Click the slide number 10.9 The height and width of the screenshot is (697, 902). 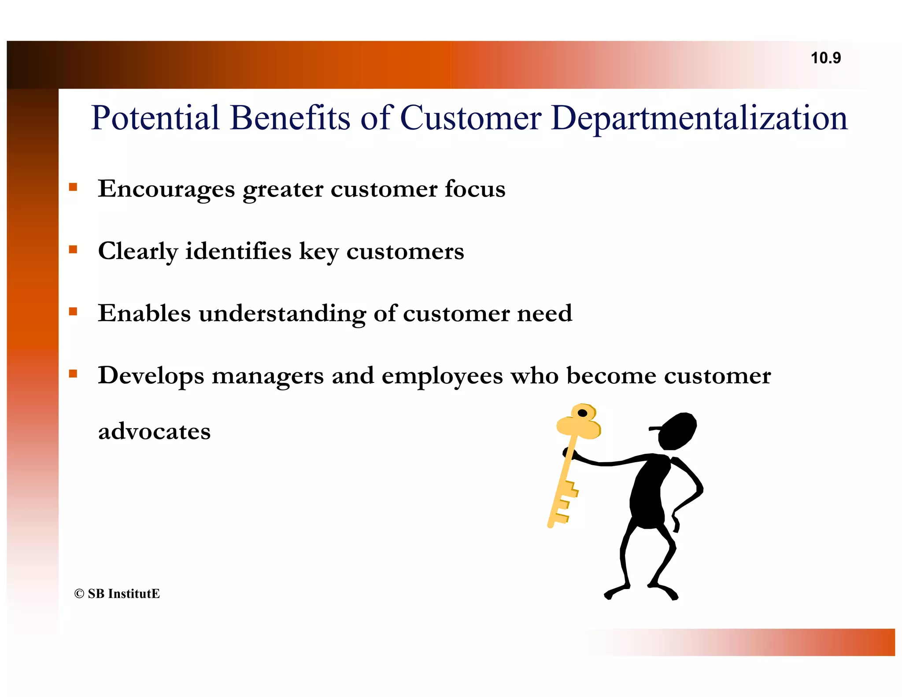(825, 58)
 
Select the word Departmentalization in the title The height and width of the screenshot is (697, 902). (699, 118)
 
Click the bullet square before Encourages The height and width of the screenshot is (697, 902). (73, 187)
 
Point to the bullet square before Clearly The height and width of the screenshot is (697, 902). (73, 250)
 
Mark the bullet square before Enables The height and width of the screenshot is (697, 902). (73, 312)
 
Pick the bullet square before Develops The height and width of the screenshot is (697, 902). (73, 374)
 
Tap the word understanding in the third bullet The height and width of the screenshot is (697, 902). (282, 314)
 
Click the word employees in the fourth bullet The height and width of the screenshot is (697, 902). (442, 377)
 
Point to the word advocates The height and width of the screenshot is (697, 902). (154, 431)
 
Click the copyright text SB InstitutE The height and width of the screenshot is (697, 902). (117, 594)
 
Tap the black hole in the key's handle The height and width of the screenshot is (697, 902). (582, 413)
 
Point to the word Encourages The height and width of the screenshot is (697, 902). (166, 189)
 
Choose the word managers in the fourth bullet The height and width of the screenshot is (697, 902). (267, 377)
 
